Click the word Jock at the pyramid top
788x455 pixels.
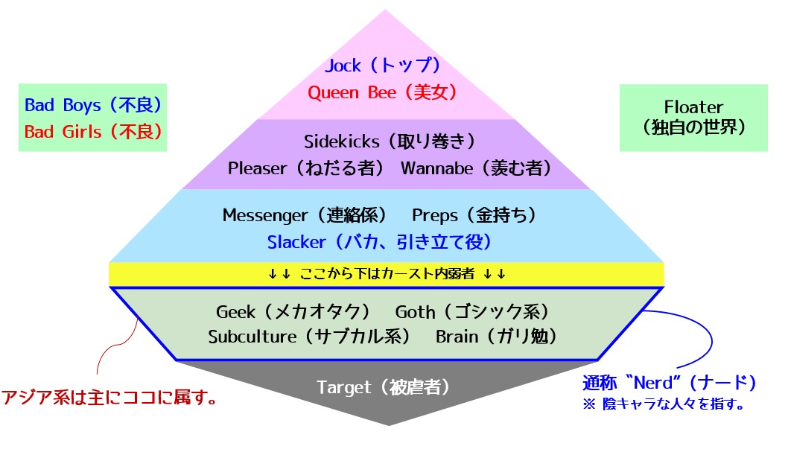343,66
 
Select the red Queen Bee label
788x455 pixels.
352,93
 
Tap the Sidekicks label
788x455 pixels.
342,141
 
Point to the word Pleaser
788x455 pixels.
257,168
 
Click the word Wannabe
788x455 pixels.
436,168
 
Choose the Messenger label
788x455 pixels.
265,215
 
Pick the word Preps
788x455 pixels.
435,216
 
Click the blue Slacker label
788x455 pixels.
296,243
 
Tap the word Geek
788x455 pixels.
235,312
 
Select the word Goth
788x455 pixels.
415,312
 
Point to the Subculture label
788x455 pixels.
252,337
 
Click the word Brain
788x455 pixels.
457,337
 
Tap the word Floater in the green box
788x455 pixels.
693,107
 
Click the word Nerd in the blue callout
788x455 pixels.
653,384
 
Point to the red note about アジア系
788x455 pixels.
109,397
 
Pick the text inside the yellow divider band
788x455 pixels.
387,274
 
